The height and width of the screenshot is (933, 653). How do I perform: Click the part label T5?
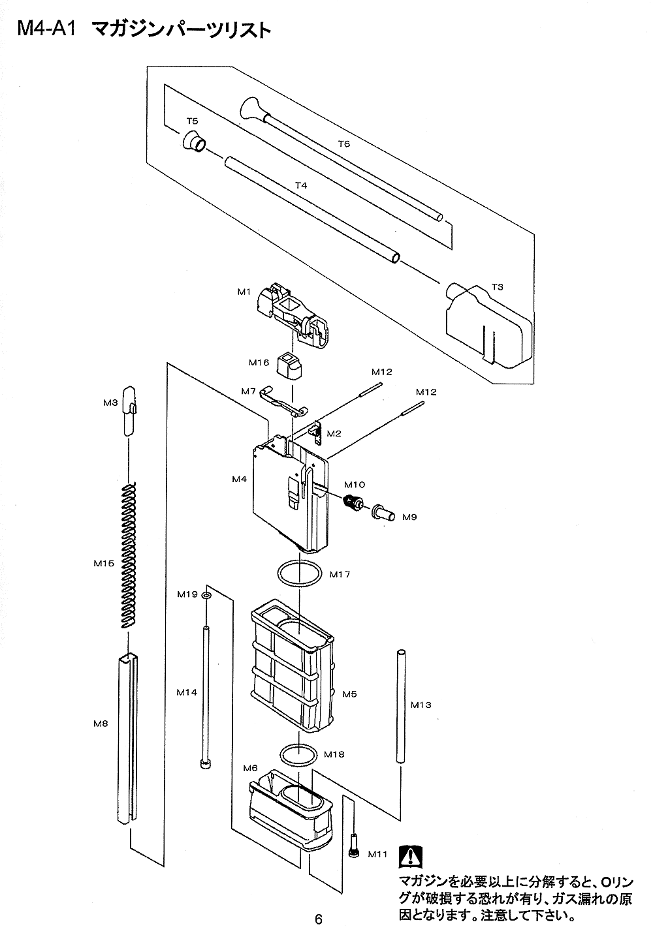tap(192, 121)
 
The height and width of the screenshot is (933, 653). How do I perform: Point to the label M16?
tap(259, 362)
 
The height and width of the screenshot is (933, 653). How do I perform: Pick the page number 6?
tap(319, 920)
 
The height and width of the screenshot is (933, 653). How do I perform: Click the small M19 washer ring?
tap(206, 596)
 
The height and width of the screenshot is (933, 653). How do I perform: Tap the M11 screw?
tap(355, 846)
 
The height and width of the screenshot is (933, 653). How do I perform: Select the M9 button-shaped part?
tap(383, 513)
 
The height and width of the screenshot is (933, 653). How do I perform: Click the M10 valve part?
tap(355, 504)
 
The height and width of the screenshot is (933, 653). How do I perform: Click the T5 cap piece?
tap(194, 142)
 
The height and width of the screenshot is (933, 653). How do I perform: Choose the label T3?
tap(497, 287)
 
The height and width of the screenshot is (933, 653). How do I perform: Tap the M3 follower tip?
tap(129, 411)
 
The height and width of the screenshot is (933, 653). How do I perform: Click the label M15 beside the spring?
tap(104, 563)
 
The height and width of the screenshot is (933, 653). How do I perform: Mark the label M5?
tap(349, 694)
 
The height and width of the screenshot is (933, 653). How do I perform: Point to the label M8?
tap(101, 723)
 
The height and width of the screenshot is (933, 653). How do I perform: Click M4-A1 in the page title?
tap(47, 29)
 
